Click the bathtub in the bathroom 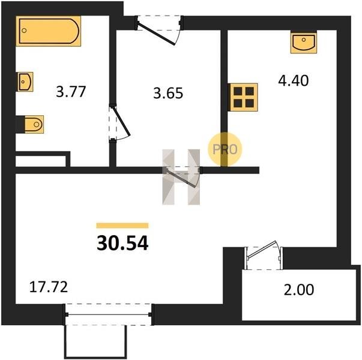tap(48, 31)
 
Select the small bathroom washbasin tap(25, 82)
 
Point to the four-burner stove tap(243, 97)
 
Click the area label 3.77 tap(71, 92)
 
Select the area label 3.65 tap(168, 93)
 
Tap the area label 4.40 tap(293, 81)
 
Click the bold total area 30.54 tap(122, 244)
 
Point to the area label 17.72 tap(49, 287)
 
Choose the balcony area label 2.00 tap(299, 290)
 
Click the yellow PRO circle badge tap(225, 149)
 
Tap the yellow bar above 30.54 tap(122, 226)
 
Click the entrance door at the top tap(159, 29)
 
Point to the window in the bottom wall tap(109, 314)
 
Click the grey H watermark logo tap(181, 177)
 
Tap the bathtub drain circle tap(24, 31)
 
